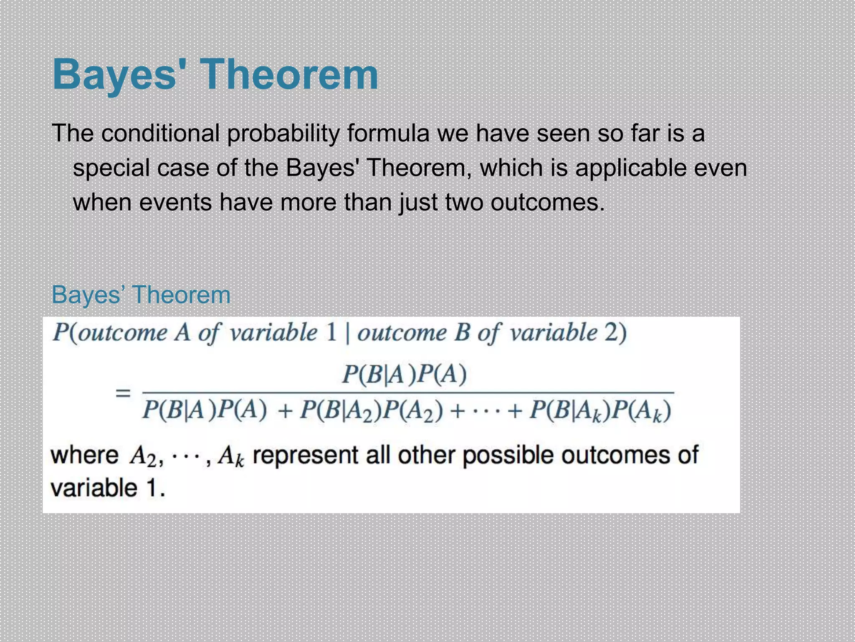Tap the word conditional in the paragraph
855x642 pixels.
pos(160,134)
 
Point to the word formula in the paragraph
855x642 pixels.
pos(388,134)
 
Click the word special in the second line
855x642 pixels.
pos(111,168)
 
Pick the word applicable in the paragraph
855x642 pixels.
pos(631,168)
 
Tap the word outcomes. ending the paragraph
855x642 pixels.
pos(547,203)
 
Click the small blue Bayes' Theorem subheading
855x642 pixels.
pos(141,295)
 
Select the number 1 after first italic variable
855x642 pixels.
pos(331,333)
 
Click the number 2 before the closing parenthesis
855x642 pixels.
pos(611,333)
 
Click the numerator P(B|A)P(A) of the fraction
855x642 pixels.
pos(404,374)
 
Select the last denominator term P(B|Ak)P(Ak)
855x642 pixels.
pos(600,411)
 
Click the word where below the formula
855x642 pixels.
pos(85,455)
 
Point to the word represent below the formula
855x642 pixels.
pos(305,455)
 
